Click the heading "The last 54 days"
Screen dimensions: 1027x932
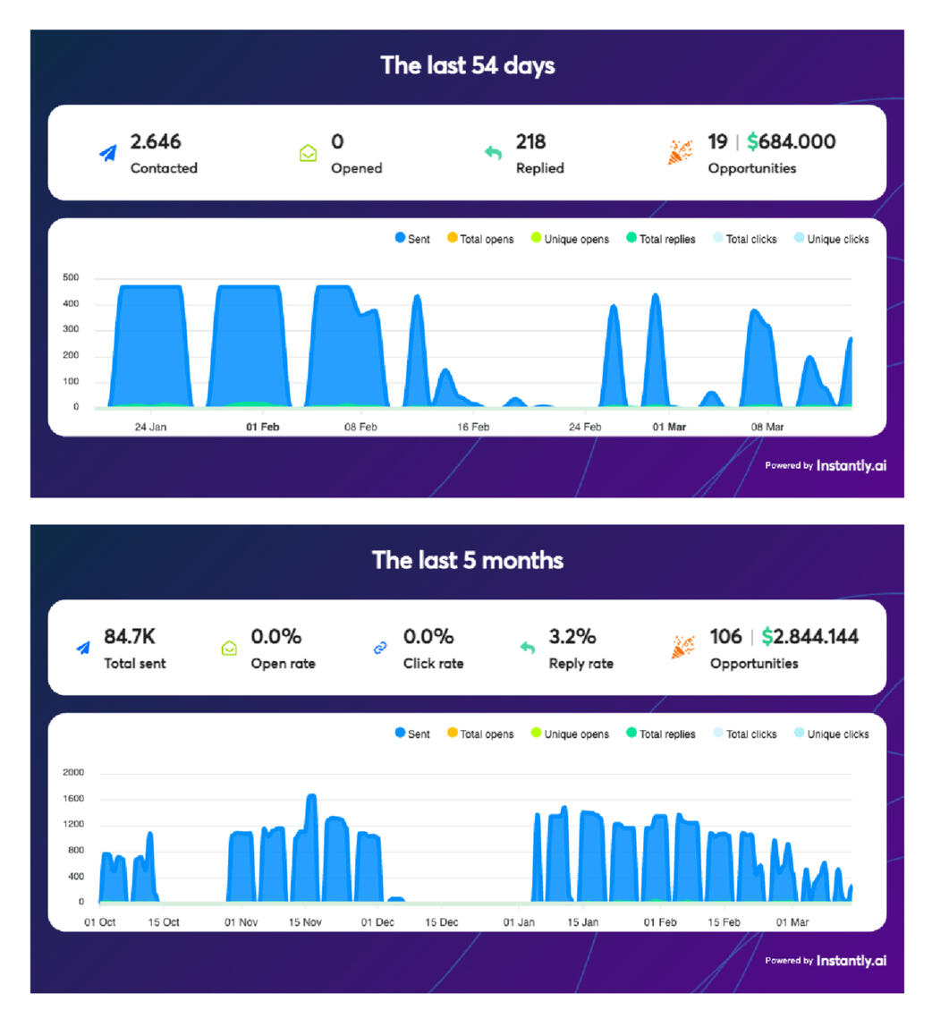[x=467, y=65]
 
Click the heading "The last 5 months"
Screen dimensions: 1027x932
[x=467, y=560]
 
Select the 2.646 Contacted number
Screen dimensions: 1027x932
[x=156, y=141]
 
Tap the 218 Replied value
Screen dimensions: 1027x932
[x=530, y=141]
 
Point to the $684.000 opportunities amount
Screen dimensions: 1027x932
[x=792, y=141]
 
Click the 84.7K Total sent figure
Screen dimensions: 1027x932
[x=130, y=636]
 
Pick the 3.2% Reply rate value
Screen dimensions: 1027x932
[x=572, y=636]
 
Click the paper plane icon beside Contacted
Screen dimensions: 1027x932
[x=108, y=154]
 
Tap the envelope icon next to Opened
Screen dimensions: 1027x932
[x=308, y=154]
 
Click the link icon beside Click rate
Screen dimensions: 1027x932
[x=380, y=648]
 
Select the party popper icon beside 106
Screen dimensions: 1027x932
[x=682, y=648]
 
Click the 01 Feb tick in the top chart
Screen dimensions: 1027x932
[x=263, y=427]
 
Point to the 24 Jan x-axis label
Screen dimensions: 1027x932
[x=150, y=427]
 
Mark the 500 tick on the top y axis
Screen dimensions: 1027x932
[x=72, y=278]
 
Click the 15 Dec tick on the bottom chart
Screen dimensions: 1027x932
[x=442, y=921]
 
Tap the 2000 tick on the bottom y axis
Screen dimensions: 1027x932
[x=73, y=772]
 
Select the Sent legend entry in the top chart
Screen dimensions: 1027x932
[x=412, y=239]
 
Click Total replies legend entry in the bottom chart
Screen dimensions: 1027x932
[x=661, y=734]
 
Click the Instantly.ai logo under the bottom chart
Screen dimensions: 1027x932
[x=851, y=960]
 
